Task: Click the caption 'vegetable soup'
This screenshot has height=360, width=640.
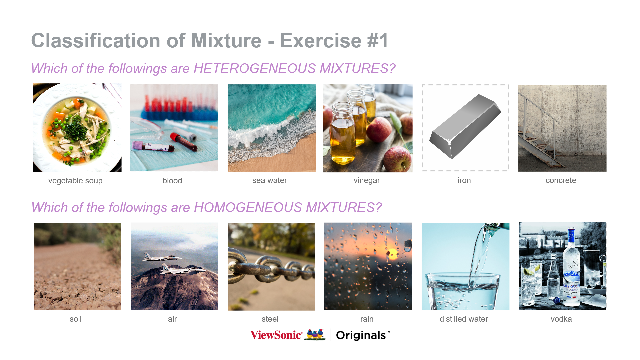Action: click(x=75, y=181)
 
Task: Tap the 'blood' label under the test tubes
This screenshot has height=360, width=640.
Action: click(x=172, y=181)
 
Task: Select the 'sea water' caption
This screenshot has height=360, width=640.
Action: click(x=270, y=180)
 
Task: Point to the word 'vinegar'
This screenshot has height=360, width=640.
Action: click(x=367, y=180)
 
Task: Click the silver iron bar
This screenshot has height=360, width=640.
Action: click(x=465, y=127)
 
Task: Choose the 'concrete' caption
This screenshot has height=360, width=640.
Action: click(x=561, y=180)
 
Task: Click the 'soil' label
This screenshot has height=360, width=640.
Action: click(x=76, y=319)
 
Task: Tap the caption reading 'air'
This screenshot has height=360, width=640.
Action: click(x=172, y=319)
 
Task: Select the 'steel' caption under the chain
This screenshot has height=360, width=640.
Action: click(x=270, y=319)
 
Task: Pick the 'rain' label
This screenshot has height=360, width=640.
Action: click(x=367, y=319)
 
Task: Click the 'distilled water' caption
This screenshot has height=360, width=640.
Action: click(x=464, y=319)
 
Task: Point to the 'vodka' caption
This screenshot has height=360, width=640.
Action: click(x=561, y=319)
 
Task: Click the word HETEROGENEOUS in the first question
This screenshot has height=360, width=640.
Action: click(x=255, y=68)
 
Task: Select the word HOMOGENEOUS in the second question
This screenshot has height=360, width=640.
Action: click(x=248, y=207)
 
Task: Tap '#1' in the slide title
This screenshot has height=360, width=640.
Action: click(x=378, y=41)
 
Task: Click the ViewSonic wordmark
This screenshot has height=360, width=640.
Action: click(x=276, y=335)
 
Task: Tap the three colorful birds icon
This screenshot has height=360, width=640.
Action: click(x=315, y=335)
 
